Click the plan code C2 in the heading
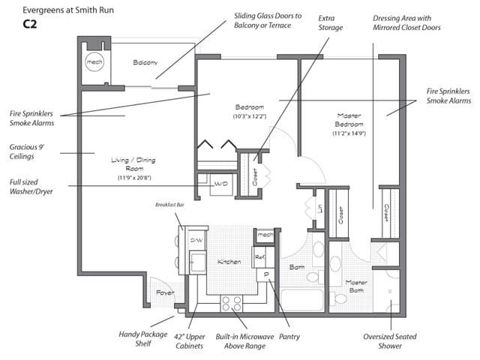click(30, 24)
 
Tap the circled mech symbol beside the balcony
click(94, 61)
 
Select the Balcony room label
click(145, 62)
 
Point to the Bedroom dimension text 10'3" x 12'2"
click(250, 116)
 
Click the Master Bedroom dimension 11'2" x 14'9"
click(349, 133)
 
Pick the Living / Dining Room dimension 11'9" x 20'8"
click(134, 178)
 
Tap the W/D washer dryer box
click(221, 184)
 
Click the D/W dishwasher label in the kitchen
click(196, 240)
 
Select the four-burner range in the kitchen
click(232, 303)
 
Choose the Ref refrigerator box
click(259, 257)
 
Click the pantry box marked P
click(265, 275)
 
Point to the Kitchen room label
click(229, 262)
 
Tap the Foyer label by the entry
click(165, 292)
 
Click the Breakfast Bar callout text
click(169, 205)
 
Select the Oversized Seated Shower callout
click(390, 341)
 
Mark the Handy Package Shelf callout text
click(143, 338)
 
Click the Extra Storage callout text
click(330, 23)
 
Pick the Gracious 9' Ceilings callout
click(27, 151)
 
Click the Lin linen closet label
click(319, 208)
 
